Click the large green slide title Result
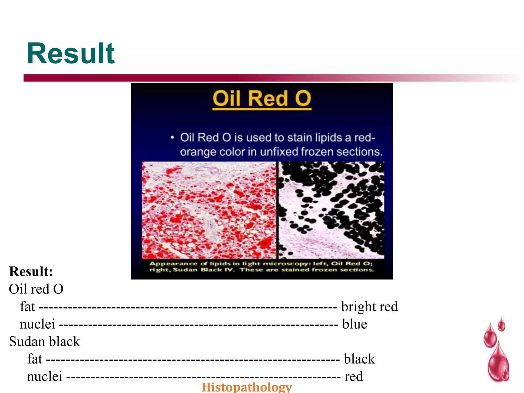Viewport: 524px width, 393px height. coord(71,54)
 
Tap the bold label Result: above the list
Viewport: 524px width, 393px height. coord(31,271)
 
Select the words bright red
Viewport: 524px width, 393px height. coord(369,307)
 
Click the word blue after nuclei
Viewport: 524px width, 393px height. coord(355,324)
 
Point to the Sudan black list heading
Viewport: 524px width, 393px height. coord(45,341)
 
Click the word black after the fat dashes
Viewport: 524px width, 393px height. coord(359,359)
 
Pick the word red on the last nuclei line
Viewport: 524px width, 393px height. coord(354,376)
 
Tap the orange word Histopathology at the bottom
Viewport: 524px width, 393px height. coord(247,387)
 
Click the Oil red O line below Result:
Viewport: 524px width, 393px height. coord(36,289)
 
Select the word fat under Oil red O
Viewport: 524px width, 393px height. coord(27,307)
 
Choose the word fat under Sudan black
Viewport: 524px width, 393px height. coord(35,359)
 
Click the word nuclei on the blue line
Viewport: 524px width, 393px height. coord(37,324)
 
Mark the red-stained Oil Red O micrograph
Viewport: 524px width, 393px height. coord(209,210)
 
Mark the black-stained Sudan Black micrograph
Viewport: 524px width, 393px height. coord(331,210)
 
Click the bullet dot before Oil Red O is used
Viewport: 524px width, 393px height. coord(172,138)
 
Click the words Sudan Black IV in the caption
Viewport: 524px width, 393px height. coord(204,270)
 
